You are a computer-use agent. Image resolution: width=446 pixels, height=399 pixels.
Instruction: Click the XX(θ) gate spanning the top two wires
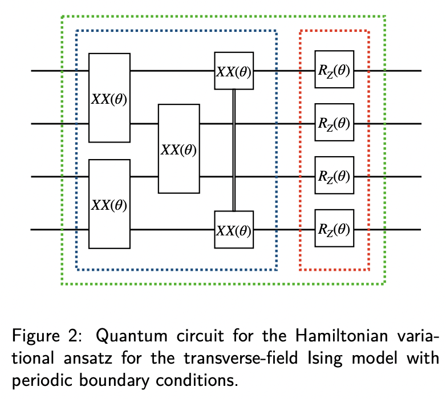[110, 97]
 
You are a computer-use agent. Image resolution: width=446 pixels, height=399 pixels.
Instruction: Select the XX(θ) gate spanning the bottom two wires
[110, 204]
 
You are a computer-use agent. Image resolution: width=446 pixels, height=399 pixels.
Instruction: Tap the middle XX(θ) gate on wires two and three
[179, 149]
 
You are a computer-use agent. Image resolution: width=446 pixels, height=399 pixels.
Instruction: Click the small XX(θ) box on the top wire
[234, 71]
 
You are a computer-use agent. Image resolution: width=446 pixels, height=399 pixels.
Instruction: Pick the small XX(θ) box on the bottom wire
[234, 230]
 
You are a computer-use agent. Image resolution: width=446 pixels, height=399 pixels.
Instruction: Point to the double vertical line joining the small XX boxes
[234, 150]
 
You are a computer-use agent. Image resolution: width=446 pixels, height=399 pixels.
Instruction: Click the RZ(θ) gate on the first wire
[334, 71]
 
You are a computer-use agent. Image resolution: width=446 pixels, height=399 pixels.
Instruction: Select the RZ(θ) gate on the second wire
[334, 123]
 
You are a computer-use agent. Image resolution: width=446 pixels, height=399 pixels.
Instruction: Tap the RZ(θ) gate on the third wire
[334, 176]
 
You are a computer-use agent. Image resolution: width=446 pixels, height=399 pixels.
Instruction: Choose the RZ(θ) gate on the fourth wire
[334, 230]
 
